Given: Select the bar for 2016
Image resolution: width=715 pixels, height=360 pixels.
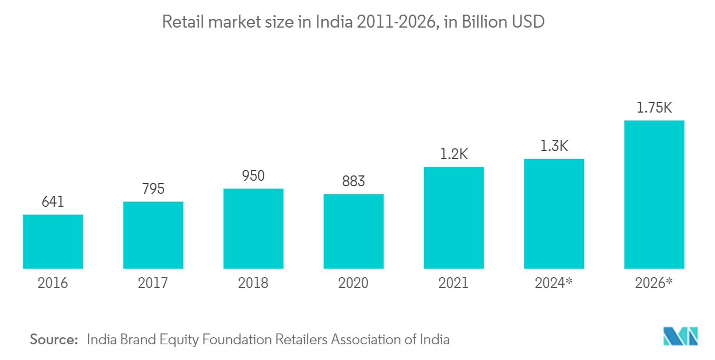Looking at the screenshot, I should (53, 241).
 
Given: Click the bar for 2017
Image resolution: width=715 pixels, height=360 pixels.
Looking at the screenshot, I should (153, 235).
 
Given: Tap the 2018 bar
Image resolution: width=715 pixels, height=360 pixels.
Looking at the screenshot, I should (253, 228).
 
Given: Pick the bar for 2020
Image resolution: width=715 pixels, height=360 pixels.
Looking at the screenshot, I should (354, 231).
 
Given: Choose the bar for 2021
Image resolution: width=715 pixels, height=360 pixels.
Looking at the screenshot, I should (454, 218).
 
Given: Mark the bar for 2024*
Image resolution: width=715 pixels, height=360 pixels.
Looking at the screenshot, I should (554, 214).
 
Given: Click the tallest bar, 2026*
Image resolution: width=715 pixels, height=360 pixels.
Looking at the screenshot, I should (654, 194).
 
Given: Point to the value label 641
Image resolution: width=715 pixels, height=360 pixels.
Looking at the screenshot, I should (53, 202).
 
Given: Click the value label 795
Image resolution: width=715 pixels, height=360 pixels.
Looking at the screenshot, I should (153, 189).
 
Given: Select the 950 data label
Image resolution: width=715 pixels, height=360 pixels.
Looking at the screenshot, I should (253, 176).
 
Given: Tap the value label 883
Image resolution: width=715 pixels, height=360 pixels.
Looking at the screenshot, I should (354, 181).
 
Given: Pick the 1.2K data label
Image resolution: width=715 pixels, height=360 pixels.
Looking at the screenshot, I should (454, 154).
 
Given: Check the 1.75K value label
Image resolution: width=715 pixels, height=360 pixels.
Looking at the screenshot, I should (654, 108).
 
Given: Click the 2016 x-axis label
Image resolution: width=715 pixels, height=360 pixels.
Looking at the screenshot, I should (53, 283).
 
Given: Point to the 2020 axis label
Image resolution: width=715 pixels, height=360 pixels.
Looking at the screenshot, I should (354, 283).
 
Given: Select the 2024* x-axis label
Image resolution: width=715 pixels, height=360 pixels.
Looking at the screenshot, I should (554, 283).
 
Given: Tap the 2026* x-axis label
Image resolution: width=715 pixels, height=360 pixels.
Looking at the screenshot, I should (654, 283).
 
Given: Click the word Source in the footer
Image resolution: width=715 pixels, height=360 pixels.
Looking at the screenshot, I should (54, 339).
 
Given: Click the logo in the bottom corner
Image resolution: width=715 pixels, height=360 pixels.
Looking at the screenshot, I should (681, 336).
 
